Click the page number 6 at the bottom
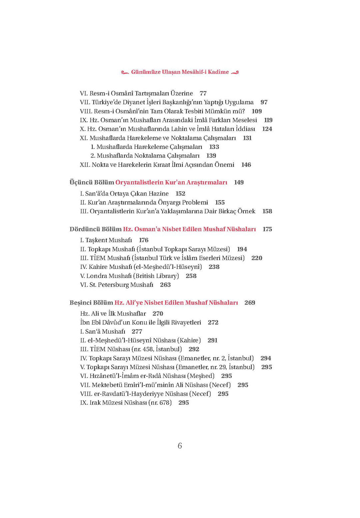[x=180, y=446]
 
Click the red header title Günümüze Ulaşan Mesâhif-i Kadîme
[x=180, y=72]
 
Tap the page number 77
[x=203, y=93]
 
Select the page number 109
[x=257, y=111]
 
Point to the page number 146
[x=246, y=165]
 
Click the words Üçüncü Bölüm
[x=92, y=182]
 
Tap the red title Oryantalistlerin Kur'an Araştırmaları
[x=171, y=182]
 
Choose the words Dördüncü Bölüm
[x=95, y=229]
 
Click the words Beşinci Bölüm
[x=91, y=303]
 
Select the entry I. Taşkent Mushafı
[x=106, y=240]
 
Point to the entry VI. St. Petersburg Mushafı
[x=117, y=285]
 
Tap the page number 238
[x=214, y=267]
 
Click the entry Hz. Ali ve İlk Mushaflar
[x=113, y=314]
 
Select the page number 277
[x=137, y=331]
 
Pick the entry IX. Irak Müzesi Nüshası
[x=126, y=403]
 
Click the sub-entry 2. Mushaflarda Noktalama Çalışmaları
[x=145, y=156]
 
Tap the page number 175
[x=267, y=229]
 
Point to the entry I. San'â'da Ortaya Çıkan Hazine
[x=124, y=194]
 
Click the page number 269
[x=250, y=303]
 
